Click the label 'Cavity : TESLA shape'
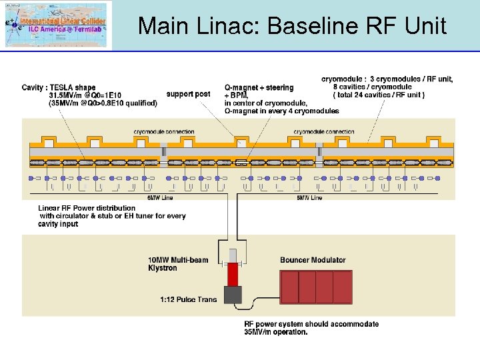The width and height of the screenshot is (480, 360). [59, 87]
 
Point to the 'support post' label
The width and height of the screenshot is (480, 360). [188, 94]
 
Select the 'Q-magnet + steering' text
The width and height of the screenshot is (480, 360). [259, 87]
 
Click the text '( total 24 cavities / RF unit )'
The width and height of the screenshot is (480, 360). [379, 95]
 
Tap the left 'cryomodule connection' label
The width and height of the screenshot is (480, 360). [164, 132]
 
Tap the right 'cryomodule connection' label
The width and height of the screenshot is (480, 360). [324, 132]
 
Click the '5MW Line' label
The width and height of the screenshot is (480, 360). [309, 197]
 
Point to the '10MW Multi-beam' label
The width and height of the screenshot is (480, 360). [178, 260]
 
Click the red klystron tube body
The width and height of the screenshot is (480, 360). [233, 274]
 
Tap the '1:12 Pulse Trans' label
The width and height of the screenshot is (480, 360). [189, 299]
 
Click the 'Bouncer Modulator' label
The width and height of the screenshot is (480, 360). [313, 260]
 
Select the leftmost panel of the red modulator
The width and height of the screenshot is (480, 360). [289, 287]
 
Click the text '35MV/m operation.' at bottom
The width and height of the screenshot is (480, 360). [276, 332]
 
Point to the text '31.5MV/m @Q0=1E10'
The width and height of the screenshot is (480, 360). [85, 95]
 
